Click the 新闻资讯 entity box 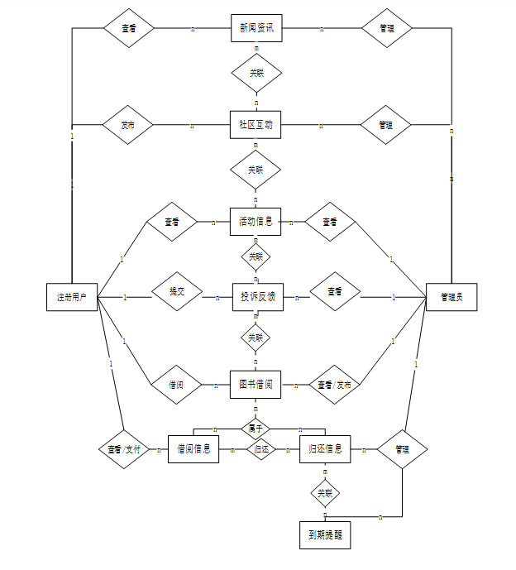[256, 28]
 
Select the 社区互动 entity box [256, 126]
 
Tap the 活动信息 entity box [256, 222]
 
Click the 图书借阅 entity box [256, 384]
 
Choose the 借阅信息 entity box [193, 449]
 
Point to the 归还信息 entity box [324, 449]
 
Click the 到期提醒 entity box [325, 535]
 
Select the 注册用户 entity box [72, 296]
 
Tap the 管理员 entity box [451, 296]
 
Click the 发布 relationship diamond [127, 126]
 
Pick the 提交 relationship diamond [177, 291]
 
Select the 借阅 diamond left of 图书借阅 [176, 385]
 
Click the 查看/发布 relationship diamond [334, 385]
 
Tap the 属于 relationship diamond [256, 429]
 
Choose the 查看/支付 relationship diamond [124, 450]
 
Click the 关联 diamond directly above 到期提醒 [325, 493]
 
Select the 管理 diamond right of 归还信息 [402, 450]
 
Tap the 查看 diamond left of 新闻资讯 [129, 28]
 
